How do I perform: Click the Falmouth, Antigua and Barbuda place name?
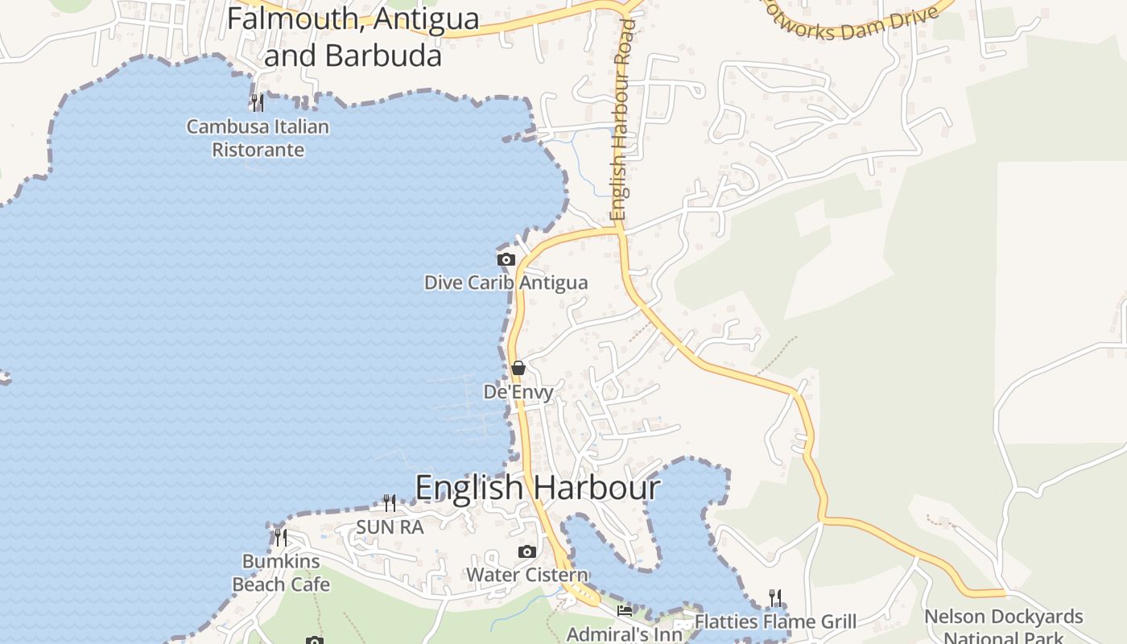pos(353,37)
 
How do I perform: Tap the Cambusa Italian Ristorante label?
pos(258,138)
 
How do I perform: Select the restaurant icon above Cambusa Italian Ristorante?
pos(258,102)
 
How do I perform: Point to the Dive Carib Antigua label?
pos(506,283)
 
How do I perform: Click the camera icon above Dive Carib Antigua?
pos(506,259)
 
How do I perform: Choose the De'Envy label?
pos(518,392)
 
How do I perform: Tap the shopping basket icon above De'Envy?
pos(518,369)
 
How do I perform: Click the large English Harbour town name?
pos(537,488)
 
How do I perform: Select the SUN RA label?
pos(390,527)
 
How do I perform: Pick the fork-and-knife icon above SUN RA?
pos(390,503)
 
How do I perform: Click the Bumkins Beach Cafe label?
pos(281,572)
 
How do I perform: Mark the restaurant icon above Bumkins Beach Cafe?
pos(281,537)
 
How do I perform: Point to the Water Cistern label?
pos(527,575)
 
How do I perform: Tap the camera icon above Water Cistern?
pos(527,551)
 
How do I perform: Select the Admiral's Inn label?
pos(624,634)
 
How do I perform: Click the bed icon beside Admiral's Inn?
pos(625,611)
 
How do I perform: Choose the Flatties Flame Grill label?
pos(775,621)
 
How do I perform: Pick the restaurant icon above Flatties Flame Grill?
pos(775,597)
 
